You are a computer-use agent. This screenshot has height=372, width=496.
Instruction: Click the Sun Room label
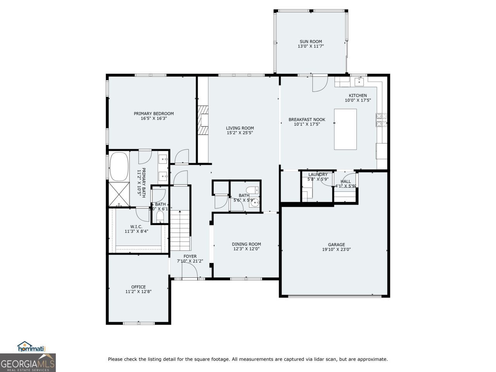(310, 41)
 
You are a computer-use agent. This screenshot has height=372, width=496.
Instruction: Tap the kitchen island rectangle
(345, 129)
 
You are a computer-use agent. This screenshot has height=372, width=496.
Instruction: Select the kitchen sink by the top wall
(359, 81)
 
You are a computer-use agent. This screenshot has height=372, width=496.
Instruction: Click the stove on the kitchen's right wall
(379, 120)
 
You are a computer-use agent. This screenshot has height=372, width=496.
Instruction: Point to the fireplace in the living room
(203, 120)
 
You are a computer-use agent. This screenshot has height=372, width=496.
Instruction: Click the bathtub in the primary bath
(119, 167)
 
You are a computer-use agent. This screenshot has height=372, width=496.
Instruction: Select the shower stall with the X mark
(119, 195)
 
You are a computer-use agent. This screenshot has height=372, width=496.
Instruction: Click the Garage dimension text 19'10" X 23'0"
(336, 250)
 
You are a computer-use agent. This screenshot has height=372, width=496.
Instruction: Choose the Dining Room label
(246, 244)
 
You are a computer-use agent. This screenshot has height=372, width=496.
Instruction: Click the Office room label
(138, 287)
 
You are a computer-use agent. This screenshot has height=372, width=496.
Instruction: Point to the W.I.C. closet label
(136, 227)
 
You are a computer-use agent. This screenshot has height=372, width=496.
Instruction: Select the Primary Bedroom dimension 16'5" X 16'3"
(154, 119)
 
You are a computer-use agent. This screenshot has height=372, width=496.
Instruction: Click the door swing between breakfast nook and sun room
(319, 83)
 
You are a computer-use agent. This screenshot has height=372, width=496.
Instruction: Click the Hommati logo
(32, 347)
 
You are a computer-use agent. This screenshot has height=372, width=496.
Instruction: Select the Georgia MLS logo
(28, 363)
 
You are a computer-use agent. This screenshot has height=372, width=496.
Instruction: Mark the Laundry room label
(318, 174)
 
